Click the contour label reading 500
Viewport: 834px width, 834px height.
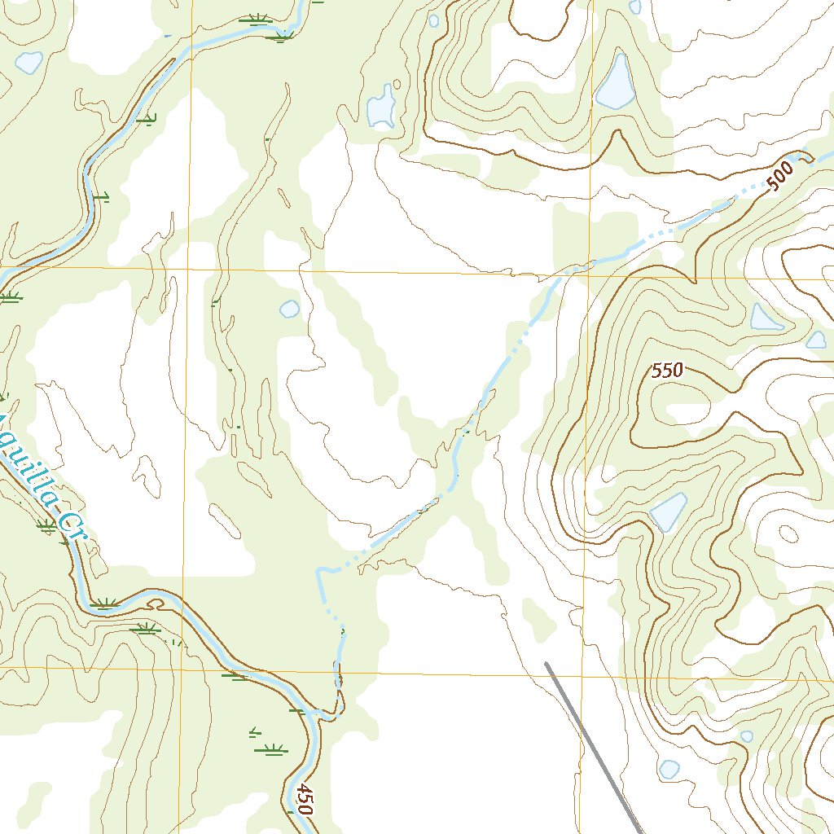780,178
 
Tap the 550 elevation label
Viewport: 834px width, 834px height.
666,371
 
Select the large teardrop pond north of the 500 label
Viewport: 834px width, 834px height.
616,84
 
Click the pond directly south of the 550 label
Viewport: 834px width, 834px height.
668,512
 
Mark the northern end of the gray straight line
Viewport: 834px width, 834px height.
546,664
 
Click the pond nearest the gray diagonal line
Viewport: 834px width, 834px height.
669,769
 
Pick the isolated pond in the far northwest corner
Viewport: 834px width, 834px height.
29,62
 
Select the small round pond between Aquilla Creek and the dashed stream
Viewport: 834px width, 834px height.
289,309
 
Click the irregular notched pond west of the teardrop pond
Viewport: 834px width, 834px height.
380,108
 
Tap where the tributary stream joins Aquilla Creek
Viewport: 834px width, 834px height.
324,717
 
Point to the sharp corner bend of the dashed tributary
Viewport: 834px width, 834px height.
319,571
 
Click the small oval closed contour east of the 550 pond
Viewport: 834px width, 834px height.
788,533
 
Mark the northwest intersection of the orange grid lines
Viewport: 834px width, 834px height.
190,269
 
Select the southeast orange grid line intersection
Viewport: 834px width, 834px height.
583,675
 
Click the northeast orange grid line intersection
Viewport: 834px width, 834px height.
590,276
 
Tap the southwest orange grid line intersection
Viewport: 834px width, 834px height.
182,669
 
